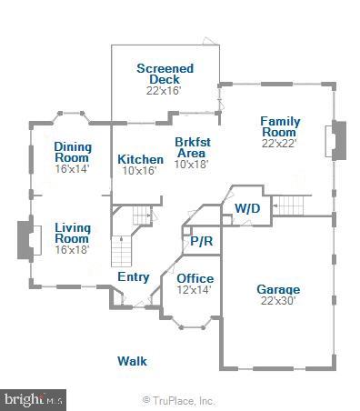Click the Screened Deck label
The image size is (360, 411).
point(164,74)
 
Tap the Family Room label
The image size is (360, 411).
point(280,126)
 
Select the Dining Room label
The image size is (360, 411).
point(72,152)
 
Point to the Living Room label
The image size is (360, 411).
point(72,233)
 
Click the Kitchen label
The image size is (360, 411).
point(141,159)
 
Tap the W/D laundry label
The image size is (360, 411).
point(246,208)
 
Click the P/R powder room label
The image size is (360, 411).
point(201,242)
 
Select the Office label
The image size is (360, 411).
point(195,278)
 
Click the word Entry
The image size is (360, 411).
point(134,276)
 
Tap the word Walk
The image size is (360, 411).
point(132,361)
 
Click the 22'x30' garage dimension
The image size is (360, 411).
point(278,301)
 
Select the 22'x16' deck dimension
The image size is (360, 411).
point(164,91)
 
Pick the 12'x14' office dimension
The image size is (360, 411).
point(195,290)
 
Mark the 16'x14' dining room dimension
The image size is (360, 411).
point(72,169)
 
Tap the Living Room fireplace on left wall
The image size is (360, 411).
point(25,241)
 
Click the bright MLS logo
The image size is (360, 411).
point(34,398)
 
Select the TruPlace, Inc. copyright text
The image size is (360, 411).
point(178,399)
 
